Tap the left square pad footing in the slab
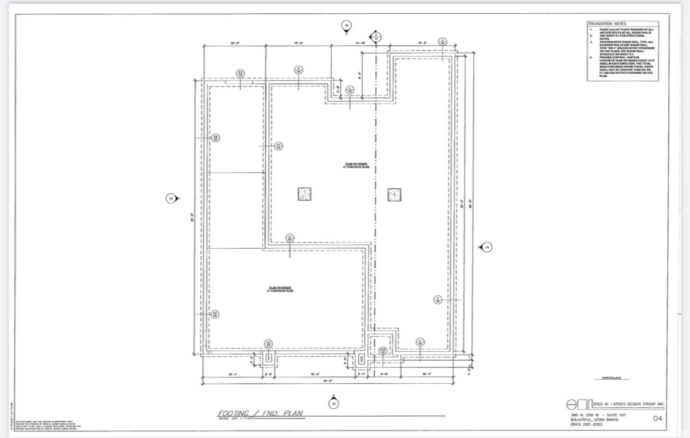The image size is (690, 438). pyautogui.click(x=305, y=194)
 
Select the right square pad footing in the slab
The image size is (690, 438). pyautogui.click(x=394, y=194)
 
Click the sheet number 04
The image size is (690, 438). pyautogui.click(x=658, y=418)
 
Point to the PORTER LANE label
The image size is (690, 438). pyautogui.click(x=615, y=378)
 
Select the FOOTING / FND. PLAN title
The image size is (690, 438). pyautogui.click(x=260, y=413)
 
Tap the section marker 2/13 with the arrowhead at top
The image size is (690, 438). pyautogui.click(x=376, y=37)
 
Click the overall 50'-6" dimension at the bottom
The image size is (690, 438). pyautogui.click(x=327, y=381)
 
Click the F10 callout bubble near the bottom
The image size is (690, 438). pyautogui.click(x=383, y=351)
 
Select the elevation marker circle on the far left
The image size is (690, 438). pyautogui.click(x=170, y=198)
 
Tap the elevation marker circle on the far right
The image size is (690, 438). pyautogui.click(x=487, y=247)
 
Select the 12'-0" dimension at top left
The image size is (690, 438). pyautogui.click(x=235, y=43)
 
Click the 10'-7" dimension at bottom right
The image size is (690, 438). pyautogui.click(x=427, y=374)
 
